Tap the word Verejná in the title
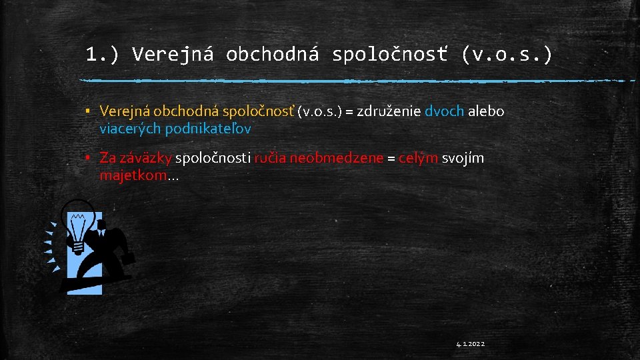(x=173, y=54)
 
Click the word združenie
(x=389, y=111)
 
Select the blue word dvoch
(x=444, y=111)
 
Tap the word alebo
(x=486, y=111)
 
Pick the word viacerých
(x=129, y=128)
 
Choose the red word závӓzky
(x=135, y=158)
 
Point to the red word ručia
(x=269, y=158)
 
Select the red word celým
(x=419, y=158)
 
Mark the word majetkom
(x=133, y=175)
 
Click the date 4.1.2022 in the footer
(x=471, y=344)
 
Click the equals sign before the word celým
(x=391, y=158)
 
